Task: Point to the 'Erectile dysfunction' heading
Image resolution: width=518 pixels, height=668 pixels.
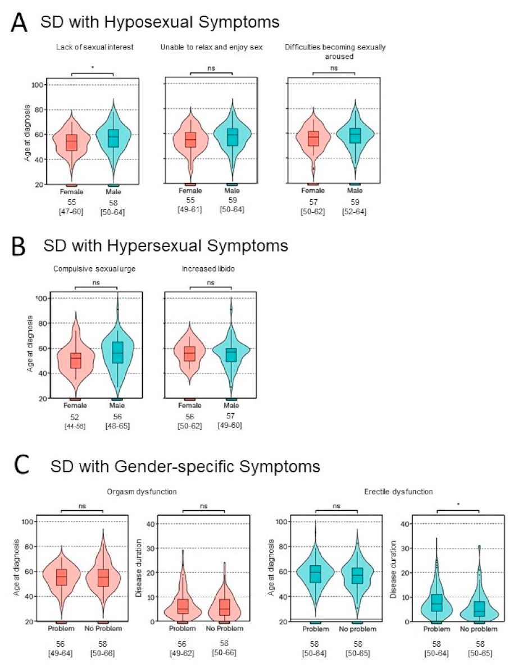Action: click(x=397, y=492)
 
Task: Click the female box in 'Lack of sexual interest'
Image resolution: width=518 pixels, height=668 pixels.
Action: click(x=71, y=143)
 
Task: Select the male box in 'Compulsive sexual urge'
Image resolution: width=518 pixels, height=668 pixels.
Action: click(x=117, y=353)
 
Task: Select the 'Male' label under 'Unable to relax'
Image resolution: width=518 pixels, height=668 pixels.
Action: click(x=232, y=191)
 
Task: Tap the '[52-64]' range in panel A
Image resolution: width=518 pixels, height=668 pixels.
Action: click(x=355, y=211)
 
